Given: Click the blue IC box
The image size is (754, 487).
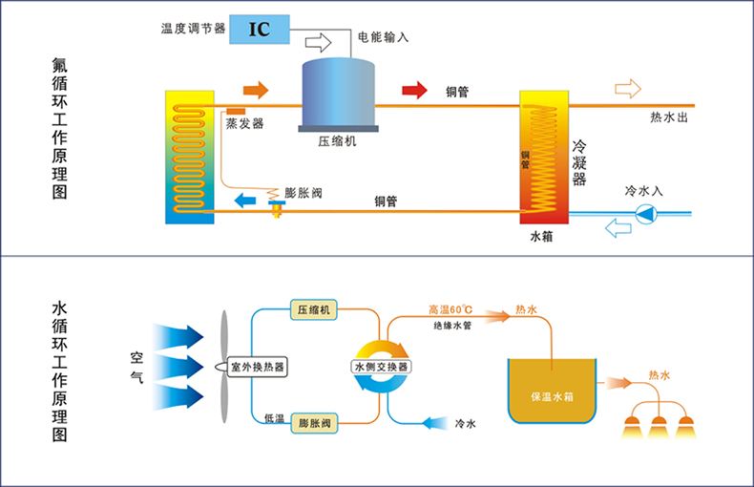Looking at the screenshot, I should coord(259,28).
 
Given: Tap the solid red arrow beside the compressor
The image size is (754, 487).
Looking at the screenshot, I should coord(413,91).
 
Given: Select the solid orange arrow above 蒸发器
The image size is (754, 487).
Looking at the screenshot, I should coord(256,91).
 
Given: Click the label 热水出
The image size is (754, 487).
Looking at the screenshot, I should coord(668,117).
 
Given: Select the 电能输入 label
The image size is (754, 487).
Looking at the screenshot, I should coord(383,38).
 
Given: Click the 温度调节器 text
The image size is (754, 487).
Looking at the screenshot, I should coord(194,29).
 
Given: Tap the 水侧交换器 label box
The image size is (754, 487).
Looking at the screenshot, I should coord(380,367).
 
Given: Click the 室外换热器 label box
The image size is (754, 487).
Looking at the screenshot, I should coord(258,367).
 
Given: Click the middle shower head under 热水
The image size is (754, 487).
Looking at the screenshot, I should coord(658,426).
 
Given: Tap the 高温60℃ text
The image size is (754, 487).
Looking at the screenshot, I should coord(450,309).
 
